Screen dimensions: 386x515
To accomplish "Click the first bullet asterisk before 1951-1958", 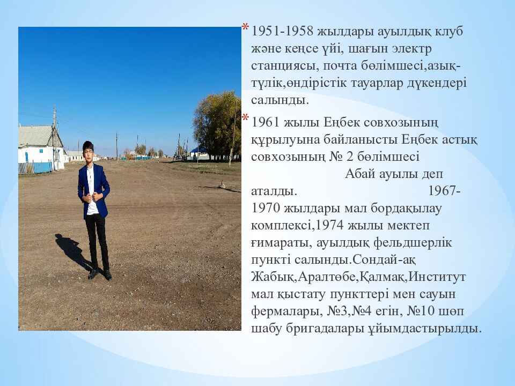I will tap(245, 28).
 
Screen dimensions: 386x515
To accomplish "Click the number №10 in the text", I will tap(422, 311).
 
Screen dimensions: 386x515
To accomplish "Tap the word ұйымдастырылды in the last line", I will tap(422, 329).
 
